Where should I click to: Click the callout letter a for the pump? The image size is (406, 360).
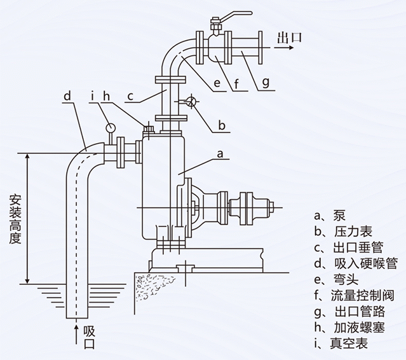pyautogui.click(x=220, y=153)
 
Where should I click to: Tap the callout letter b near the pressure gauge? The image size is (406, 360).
pyautogui.click(x=221, y=125)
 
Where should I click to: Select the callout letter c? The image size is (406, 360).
pyautogui.click(x=129, y=97)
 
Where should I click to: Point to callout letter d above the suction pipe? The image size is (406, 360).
pyautogui.click(x=67, y=97)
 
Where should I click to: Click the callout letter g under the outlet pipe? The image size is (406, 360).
pyautogui.click(x=265, y=81)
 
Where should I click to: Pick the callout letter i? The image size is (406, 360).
pyautogui.click(x=93, y=97)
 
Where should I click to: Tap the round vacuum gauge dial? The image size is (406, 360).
pyautogui.click(x=111, y=127)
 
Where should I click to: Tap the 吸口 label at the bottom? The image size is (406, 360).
pyautogui.click(x=89, y=337)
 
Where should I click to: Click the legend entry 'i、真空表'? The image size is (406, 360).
pyautogui.click(x=341, y=344)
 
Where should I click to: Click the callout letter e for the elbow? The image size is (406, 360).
pyautogui.click(x=217, y=81)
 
